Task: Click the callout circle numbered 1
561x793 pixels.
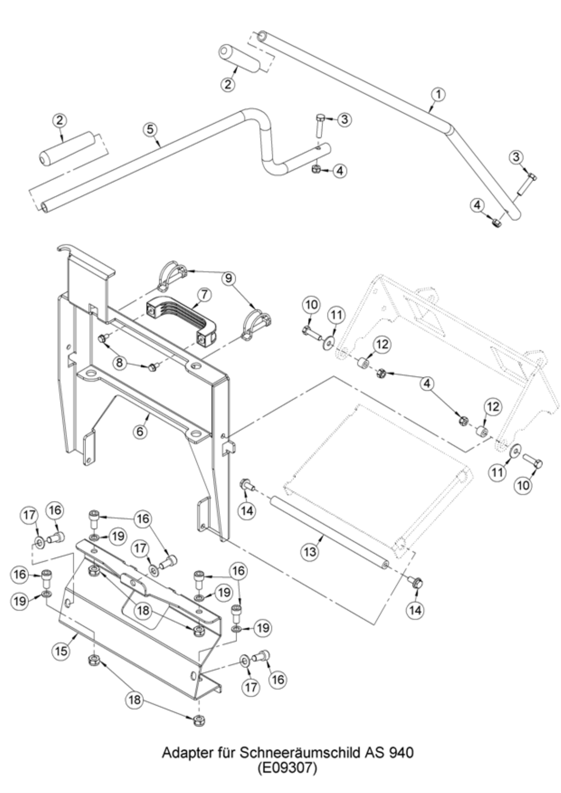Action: pos(438,94)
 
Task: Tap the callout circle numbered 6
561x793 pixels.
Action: pos(140,431)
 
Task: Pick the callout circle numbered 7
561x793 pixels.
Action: pos(204,295)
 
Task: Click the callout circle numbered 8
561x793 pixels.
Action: pos(119,362)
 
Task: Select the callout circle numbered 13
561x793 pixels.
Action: pos(310,551)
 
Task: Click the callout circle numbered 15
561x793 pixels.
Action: pos(61,651)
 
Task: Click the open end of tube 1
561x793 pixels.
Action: pos(262,35)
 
